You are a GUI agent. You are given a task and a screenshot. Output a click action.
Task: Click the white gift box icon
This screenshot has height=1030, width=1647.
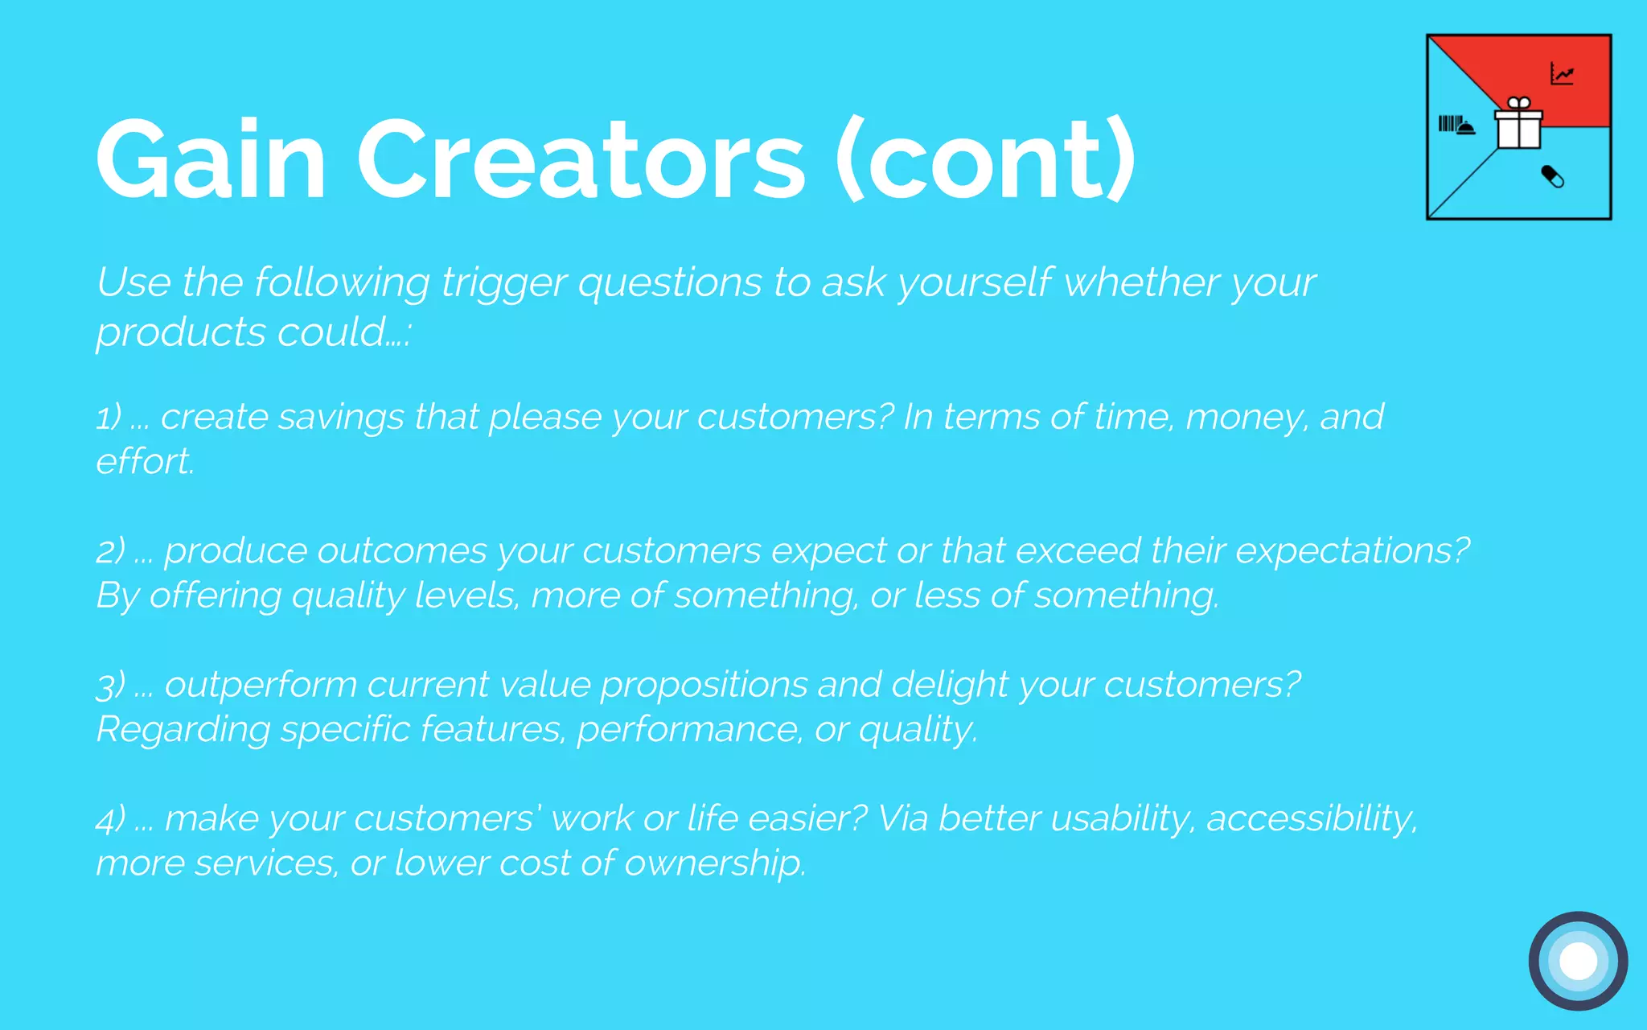tap(1518, 125)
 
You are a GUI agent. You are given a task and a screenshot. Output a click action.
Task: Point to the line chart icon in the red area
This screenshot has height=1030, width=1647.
tap(1562, 75)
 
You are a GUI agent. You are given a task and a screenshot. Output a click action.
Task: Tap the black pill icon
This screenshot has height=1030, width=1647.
tap(1552, 176)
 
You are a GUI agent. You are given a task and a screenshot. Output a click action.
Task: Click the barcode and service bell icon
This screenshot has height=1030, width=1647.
tap(1456, 125)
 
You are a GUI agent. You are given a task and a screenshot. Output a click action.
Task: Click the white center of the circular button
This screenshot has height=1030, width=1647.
tap(1578, 961)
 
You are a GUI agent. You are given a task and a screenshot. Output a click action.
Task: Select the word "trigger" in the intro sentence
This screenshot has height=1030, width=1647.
tap(503, 283)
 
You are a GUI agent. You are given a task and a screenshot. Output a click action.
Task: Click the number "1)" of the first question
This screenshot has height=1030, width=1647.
tap(109, 418)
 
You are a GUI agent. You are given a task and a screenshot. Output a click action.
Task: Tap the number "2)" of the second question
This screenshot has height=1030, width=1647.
tap(111, 551)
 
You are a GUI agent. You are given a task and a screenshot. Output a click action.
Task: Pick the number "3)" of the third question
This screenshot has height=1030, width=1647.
tap(111, 686)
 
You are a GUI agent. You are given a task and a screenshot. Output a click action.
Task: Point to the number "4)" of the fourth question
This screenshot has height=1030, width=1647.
tap(111, 819)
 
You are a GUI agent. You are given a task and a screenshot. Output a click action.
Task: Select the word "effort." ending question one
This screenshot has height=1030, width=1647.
tap(145, 462)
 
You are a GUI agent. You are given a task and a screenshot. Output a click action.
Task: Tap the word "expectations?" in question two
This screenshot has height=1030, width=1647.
tap(1352, 551)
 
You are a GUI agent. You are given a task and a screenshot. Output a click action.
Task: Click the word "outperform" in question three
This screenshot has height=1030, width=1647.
tap(261, 686)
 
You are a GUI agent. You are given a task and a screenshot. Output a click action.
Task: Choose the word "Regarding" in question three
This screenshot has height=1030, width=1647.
tap(183, 730)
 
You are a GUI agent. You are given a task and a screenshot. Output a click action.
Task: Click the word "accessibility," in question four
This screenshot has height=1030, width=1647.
tap(1312, 819)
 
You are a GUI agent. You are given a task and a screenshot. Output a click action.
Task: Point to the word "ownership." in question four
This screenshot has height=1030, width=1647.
tap(715, 863)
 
